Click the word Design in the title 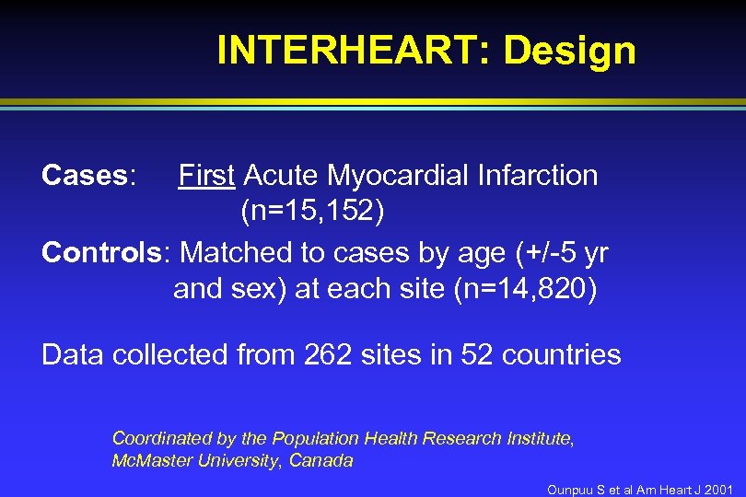pos(569,51)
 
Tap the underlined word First pos(206,175)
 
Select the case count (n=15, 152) pos(312,213)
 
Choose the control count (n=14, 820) pos(526,289)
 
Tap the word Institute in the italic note pos(540,439)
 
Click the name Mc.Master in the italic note pos(149,460)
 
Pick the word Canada pos(321,460)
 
